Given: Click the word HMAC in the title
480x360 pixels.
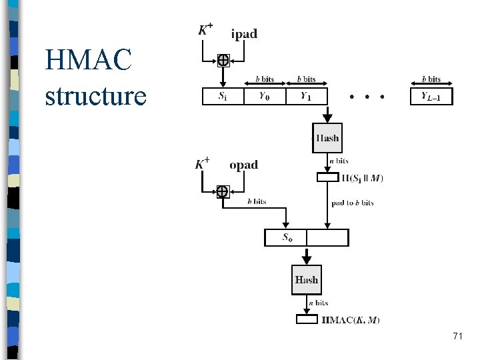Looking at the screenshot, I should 89,62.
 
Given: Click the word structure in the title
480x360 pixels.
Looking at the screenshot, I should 95,95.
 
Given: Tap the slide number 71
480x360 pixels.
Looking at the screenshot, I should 457,337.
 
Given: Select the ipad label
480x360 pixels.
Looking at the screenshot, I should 244,33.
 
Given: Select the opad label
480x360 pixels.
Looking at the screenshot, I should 243,165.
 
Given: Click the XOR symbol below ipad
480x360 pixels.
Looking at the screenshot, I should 223,61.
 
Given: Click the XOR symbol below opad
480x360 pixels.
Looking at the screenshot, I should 222,192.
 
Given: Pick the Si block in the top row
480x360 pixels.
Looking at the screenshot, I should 222,97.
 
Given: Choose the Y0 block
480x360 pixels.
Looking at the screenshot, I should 264,97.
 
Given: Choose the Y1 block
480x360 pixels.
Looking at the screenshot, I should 306,97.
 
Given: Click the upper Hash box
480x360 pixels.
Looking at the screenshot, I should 327,139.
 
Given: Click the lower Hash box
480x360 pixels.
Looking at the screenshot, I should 307,280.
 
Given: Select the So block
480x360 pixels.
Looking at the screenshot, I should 286,238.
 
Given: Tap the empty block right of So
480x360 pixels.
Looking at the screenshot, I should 327,238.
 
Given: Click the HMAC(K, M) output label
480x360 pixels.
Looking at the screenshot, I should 351,320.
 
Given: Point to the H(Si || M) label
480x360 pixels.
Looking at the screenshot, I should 362,178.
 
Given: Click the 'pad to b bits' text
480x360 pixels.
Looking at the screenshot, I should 353,203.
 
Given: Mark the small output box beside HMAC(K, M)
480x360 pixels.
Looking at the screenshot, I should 307,319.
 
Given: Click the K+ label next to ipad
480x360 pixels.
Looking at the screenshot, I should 206,29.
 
